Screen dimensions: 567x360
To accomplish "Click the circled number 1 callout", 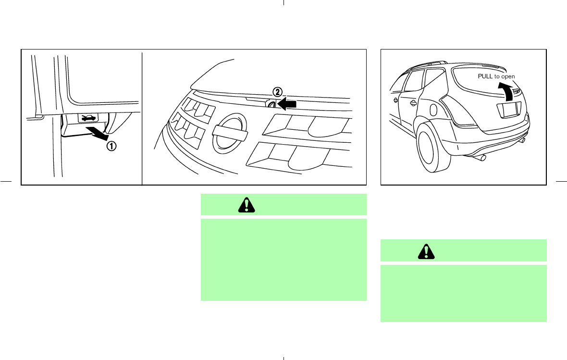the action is point(111,146).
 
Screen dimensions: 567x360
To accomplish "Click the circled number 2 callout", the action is point(277,92).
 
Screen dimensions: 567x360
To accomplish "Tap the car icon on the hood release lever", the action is point(88,118).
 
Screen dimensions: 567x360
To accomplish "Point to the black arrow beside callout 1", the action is point(98,134).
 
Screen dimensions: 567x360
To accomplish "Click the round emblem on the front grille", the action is point(230,134).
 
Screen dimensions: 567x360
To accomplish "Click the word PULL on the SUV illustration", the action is point(485,76).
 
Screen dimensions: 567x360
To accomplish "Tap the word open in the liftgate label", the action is point(508,77).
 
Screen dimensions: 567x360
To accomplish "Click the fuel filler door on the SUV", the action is point(432,110).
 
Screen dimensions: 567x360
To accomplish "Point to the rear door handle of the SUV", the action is point(413,103).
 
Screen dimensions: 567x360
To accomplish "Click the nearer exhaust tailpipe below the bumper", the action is point(480,157).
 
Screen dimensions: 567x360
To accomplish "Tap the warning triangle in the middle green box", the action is point(247,205).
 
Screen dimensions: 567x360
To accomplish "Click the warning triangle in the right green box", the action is point(426,251).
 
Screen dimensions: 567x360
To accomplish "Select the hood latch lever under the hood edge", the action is point(271,104).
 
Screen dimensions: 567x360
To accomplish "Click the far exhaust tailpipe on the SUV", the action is point(522,140).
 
